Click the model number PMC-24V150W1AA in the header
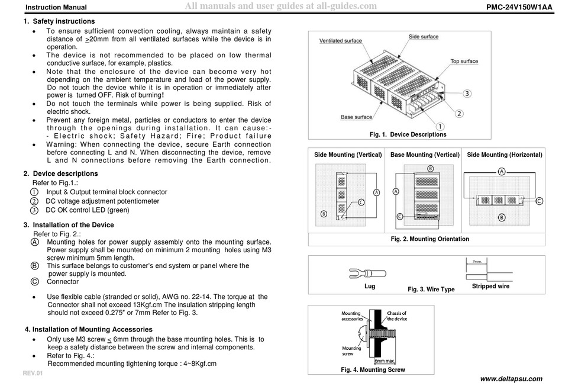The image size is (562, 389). click(x=519, y=7)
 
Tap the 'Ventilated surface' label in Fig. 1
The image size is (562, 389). click(x=340, y=41)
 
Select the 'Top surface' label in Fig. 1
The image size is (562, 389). click(x=464, y=62)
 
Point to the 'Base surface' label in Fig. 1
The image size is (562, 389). click(x=356, y=117)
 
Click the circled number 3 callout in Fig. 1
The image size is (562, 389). click(x=467, y=94)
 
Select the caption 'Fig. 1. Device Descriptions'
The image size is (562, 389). click(x=408, y=134)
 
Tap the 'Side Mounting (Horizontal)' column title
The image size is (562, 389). click(x=504, y=155)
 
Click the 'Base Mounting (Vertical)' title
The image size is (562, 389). click(x=424, y=155)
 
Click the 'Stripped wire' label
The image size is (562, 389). click(x=490, y=286)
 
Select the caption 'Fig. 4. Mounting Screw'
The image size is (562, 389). click(x=373, y=369)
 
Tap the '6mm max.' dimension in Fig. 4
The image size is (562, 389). click(x=385, y=360)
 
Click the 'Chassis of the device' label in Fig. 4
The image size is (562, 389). click(x=396, y=316)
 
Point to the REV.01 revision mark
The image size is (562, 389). click(x=33, y=374)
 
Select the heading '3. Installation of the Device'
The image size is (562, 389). click(x=69, y=225)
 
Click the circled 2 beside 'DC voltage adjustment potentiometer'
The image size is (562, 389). click(x=34, y=201)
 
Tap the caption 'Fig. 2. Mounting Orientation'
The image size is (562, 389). click(x=429, y=239)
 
